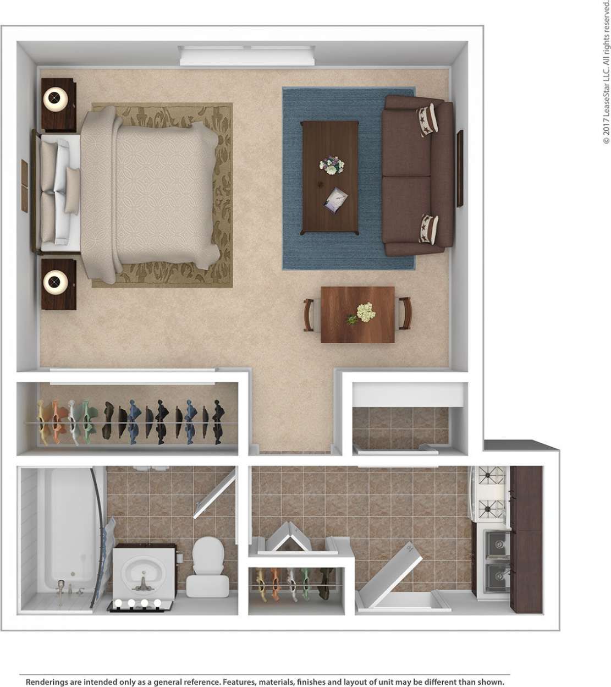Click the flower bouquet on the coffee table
point(332,164)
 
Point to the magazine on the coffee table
point(335,199)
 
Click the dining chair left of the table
point(309,315)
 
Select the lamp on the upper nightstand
point(56,100)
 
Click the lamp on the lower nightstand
point(56,283)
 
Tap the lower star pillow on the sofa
point(427,229)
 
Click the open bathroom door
point(215,493)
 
